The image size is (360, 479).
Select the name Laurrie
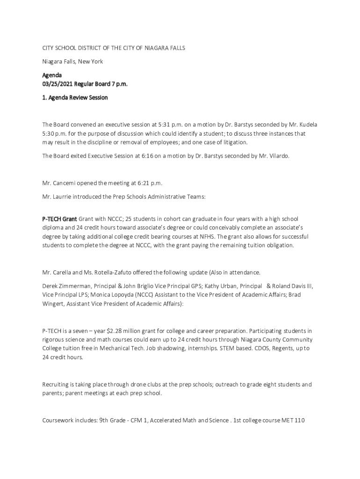point(65,197)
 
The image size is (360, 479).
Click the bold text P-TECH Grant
point(59,219)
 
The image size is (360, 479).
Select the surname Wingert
point(54,304)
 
